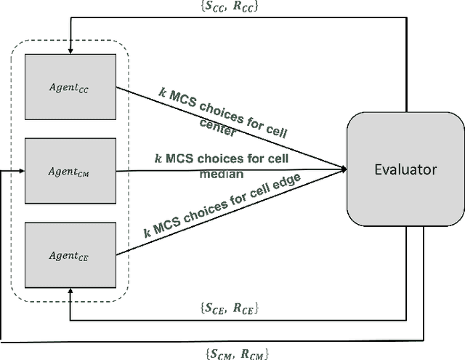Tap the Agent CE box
(x=70, y=255)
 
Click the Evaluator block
(x=405, y=169)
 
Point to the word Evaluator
(x=405, y=169)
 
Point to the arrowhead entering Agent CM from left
(x=22, y=172)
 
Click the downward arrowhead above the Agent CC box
(x=70, y=49)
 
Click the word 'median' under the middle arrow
(x=224, y=173)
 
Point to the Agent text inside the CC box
(x=67, y=86)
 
